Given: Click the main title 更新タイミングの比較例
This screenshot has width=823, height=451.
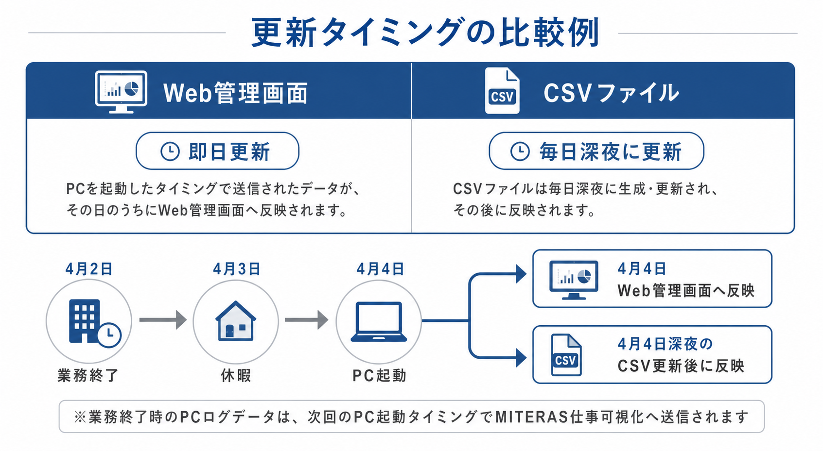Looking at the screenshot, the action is [425, 33].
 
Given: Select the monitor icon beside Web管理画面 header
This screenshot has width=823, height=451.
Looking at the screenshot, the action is [121, 92].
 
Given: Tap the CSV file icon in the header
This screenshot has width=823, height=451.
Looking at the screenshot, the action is [502, 90].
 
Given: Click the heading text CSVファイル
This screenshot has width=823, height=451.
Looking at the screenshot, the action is [611, 93].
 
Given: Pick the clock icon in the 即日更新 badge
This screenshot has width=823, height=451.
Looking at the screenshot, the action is [170, 151].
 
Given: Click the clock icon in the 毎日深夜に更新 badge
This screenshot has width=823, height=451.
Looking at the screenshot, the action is [520, 151].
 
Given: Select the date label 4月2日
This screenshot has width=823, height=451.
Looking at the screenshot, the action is [89, 269].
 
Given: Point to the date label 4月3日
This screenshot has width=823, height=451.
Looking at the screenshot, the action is [237, 269].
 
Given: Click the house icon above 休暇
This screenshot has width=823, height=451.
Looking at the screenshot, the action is [235, 321].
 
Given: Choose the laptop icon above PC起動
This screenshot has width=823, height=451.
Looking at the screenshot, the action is [379, 322].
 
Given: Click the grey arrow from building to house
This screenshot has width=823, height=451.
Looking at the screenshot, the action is [163, 319].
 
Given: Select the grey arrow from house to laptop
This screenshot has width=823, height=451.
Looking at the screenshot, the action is [306, 319].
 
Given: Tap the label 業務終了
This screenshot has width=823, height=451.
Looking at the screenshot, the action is [88, 375].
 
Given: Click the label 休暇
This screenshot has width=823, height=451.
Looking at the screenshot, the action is [236, 375].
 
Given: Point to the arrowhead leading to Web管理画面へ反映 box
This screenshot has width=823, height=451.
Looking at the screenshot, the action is [521, 274].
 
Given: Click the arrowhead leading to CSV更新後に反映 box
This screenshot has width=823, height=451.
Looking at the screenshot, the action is [521, 358].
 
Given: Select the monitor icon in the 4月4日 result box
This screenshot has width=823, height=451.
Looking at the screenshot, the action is [574, 280].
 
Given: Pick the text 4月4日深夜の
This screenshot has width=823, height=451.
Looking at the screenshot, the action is [665, 344].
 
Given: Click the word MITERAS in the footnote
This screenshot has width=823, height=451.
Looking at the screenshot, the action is [531, 417].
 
